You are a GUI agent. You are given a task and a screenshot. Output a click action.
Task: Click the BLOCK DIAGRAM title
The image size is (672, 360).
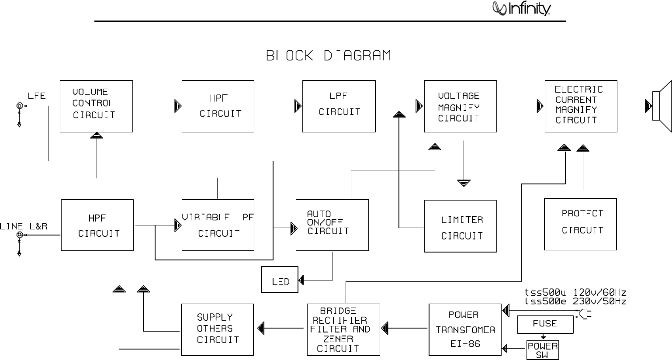click(x=329, y=56)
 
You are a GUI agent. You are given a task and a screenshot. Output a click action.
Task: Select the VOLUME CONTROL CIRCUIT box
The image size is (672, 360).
click(x=96, y=106)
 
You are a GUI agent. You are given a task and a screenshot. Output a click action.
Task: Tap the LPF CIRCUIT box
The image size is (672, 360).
click(x=339, y=106)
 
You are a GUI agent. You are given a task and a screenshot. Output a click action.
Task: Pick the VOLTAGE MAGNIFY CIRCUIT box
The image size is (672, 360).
click(x=460, y=106)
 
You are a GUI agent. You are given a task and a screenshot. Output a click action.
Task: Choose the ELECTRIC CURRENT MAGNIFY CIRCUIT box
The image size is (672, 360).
click(x=581, y=106)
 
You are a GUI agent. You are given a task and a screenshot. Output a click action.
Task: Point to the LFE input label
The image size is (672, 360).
click(x=37, y=96)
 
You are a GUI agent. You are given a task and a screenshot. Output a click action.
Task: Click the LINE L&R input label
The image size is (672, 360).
click(x=24, y=226)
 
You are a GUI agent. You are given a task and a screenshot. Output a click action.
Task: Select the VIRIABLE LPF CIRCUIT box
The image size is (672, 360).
click(x=218, y=225)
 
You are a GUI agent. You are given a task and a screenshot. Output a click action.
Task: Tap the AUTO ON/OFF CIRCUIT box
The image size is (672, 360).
click(x=332, y=225)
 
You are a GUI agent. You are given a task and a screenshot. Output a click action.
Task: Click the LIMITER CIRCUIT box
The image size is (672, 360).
click(x=460, y=226)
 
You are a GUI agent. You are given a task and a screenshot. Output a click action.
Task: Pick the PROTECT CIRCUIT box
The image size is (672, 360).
click(x=580, y=224)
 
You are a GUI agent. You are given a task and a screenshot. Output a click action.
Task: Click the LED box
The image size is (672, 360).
click(x=280, y=280)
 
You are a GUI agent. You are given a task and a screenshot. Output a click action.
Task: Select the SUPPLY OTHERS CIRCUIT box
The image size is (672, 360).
click(x=217, y=329)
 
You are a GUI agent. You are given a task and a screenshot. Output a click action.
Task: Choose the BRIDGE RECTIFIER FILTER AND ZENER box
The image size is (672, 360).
click(x=343, y=329)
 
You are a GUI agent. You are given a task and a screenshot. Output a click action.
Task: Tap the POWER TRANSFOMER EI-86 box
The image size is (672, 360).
click(x=465, y=329)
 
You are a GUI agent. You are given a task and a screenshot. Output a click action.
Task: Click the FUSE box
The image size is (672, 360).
click(x=545, y=324)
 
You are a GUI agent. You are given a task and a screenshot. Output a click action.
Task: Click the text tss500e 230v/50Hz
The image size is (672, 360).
click(x=575, y=301)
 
